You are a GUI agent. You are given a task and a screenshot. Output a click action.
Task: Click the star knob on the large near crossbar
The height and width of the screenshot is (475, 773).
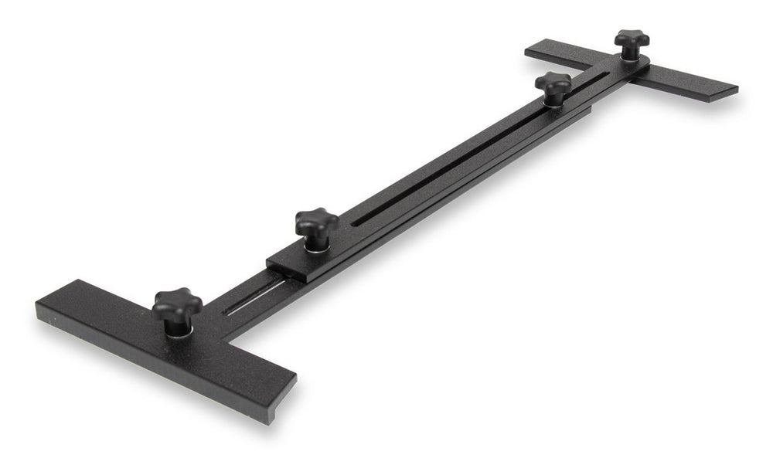[177, 305]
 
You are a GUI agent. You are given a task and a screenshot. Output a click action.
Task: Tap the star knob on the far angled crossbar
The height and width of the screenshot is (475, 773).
[631, 39]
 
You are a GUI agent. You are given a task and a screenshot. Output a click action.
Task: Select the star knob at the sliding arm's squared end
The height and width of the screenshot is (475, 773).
[316, 223]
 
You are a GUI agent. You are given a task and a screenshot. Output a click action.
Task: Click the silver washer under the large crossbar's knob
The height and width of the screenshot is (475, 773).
[179, 330]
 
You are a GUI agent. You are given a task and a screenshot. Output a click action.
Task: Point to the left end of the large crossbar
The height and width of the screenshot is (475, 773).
[43, 313]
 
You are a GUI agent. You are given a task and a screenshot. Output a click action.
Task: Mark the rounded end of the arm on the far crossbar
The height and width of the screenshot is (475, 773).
[646, 74]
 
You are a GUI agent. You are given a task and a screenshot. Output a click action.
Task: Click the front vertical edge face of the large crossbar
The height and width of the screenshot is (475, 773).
[155, 363]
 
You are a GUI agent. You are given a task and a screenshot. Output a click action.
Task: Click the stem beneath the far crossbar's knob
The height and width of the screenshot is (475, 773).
[632, 53]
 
